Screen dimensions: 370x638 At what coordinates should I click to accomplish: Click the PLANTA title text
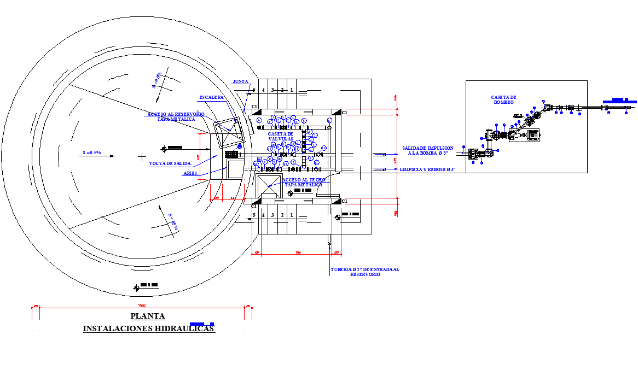pyautogui.click(x=148, y=316)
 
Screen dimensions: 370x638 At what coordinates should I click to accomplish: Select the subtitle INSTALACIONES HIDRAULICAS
pyautogui.click(x=148, y=328)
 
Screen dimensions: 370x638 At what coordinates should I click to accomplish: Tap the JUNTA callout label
pyautogui.click(x=240, y=81)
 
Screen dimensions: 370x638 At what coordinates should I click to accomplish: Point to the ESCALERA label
pyautogui.click(x=211, y=97)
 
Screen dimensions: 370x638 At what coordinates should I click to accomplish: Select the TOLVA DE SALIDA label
pyautogui.click(x=170, y=163)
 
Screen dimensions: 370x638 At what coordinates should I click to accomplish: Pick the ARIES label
pyautogui.click(x=190, y=173)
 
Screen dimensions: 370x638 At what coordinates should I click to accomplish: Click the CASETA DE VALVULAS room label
pyautogui.click(x=281, y=136)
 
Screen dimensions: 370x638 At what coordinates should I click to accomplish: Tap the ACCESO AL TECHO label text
pyautogui.click(x=304, y=182)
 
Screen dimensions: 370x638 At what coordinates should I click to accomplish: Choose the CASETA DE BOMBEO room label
pyautogui.click(x=503, y=99)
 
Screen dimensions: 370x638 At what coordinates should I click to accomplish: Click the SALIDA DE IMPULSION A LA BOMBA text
pyautogui.click(x=427, y=150)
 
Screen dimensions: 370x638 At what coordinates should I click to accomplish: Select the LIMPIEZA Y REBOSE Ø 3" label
pyautogui.click(x=427, y=170)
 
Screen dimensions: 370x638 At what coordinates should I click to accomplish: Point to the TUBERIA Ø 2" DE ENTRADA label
pyautogui.click(x=365, y=272)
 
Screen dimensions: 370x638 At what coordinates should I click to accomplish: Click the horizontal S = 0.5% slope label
pyautogui.click(x=91, y=152)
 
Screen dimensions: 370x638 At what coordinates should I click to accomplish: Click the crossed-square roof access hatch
pyautogui.click(x=268, y=185)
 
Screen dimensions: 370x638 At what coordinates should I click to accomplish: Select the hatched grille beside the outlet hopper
pyautogui.click(x=231, y=155)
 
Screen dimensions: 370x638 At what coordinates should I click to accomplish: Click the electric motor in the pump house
pyautogui.click(x=532, y=134)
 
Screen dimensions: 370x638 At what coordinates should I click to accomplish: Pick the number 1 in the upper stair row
pyautogui.click(x=292, y=90)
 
